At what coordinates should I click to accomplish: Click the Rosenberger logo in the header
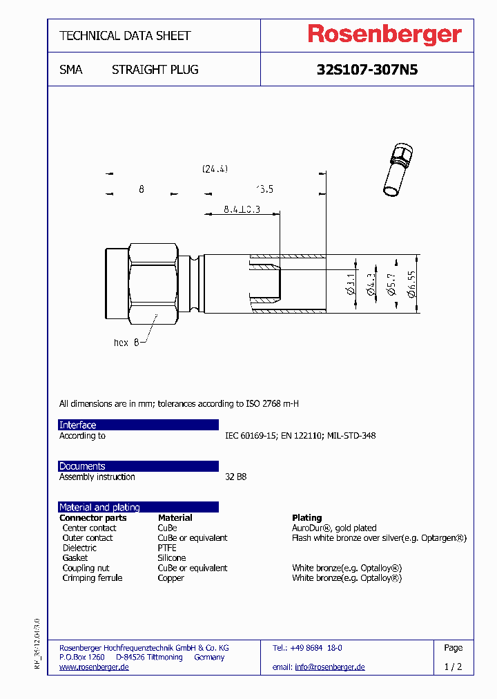[384, 35]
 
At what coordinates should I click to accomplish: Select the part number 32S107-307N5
[367, 70]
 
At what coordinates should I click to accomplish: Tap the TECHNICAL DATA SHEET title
[125, 35]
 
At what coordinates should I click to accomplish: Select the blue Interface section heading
[78, 425]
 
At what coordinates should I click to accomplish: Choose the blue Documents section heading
[82, 466]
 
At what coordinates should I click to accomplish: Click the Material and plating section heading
[99, 507]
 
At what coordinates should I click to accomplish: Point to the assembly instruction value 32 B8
[235, 477]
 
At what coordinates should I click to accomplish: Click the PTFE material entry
[167, 548]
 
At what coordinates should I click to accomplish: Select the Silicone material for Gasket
[171, 557]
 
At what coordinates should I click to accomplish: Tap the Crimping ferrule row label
[92, 577]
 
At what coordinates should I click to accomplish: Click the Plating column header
[306, 517]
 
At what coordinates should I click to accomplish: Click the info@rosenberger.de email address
[329, 667]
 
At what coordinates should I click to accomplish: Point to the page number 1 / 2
[453, 667]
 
